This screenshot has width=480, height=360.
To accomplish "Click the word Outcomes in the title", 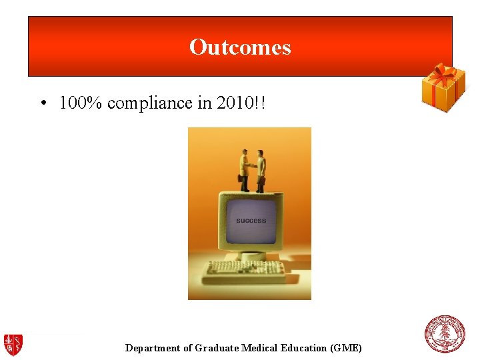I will [240, 47].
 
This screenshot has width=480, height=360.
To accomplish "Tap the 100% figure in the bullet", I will [81, 103].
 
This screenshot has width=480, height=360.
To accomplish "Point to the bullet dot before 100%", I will [42, 104].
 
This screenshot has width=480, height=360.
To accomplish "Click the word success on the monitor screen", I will [251, 220].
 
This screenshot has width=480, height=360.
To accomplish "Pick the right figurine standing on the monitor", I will [261, 171].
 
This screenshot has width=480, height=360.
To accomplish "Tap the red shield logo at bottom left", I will [13, 344].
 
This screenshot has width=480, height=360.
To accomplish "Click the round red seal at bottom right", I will [445, 334].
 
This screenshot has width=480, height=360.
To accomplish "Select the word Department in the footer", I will [153, 348].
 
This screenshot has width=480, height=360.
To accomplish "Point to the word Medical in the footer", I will [260, 348].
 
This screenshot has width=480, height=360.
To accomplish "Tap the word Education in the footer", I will [305, 348].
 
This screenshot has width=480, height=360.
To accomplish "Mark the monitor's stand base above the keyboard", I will [252, 255].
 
